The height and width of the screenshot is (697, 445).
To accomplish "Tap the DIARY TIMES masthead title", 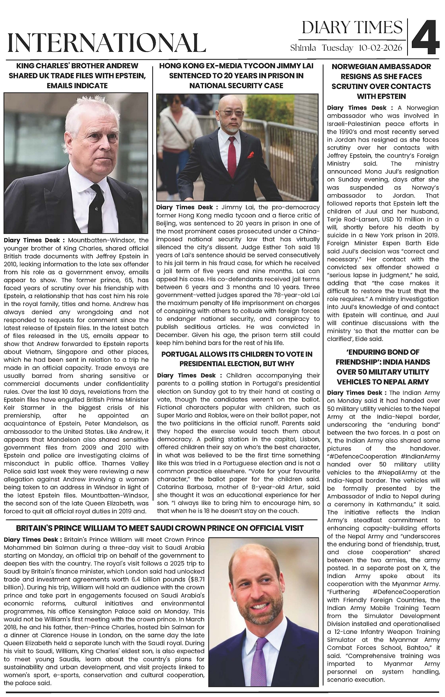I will pyautogui.click(x=352, y=27).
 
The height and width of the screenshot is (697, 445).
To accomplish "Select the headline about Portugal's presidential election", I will pyautogui.click(x=237, y=359).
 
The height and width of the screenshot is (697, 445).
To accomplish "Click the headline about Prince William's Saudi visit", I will pyautogui.click(x=160, y=528).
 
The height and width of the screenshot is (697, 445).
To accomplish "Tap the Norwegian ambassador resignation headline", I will pyautogui.click(x=381, y=81).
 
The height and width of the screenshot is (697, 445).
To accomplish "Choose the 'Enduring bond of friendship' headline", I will pyautogui.click(x=383, y=367).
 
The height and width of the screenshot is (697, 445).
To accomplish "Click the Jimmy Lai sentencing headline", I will pyautogui.click(x=236, y=76).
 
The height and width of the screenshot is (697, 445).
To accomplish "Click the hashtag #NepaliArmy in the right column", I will pyautogui.click(x=404, y=472).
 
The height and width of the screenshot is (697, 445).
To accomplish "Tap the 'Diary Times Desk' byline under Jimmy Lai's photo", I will pyautogui.click(x=184, y=207).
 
